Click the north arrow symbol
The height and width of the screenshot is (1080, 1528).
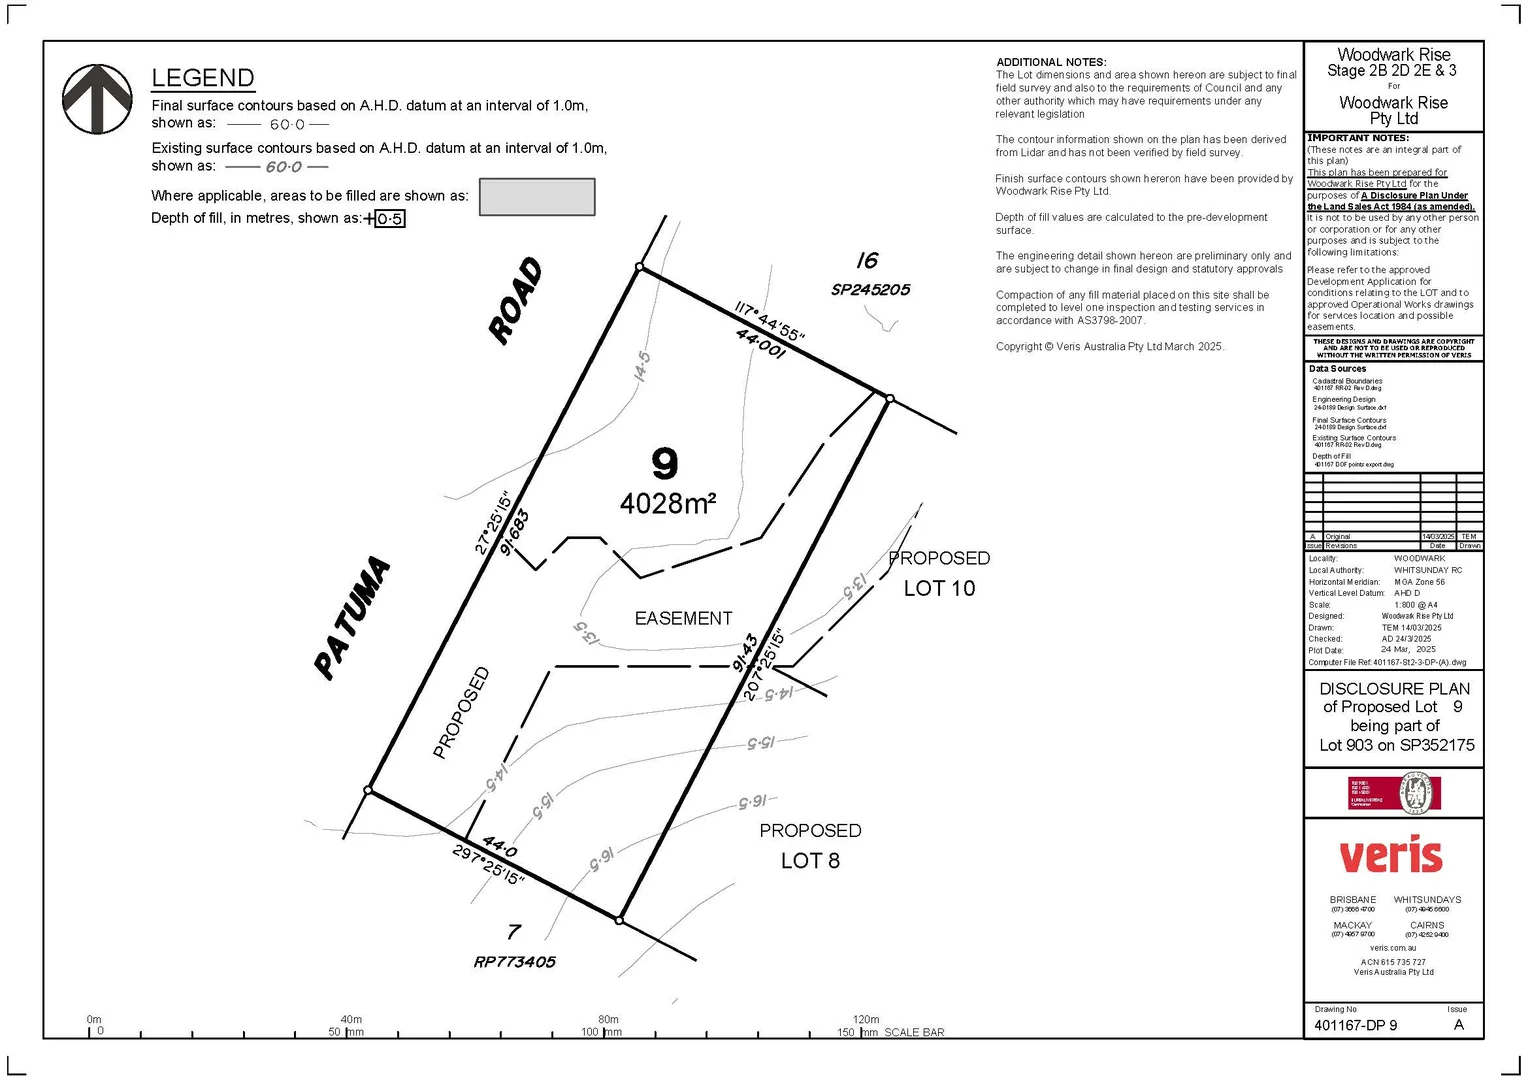pos(97,100)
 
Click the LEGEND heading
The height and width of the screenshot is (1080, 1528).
pos(203,78)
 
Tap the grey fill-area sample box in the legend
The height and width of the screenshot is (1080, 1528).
pos(537,197)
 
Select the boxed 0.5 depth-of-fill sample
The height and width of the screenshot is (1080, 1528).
pos(390,219)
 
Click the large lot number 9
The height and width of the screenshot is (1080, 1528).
pos(665,463)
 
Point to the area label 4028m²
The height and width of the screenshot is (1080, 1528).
pos(668,503)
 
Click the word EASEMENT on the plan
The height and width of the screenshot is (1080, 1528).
pos(683,619)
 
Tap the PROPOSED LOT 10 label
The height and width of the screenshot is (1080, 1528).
pos(939,573)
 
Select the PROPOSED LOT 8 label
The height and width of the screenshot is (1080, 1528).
pos(810,846)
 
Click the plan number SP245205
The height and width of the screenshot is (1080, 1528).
pos(870,290)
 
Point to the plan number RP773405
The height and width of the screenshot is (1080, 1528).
pos(514,962)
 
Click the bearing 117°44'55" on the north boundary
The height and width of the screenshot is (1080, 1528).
pos(769,321)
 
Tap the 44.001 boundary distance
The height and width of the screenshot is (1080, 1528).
pos(760,344)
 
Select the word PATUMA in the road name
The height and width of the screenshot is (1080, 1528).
pos(352,618)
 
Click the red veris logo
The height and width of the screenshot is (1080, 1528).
pos(1391,857)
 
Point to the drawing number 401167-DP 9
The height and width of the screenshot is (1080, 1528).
pos(1355,1025)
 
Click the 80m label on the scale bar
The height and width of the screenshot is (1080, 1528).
pos(608,1019)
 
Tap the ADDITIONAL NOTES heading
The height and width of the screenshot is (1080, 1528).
pos(1051,62)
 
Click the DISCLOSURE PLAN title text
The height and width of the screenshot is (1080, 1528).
pos(1394,689)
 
